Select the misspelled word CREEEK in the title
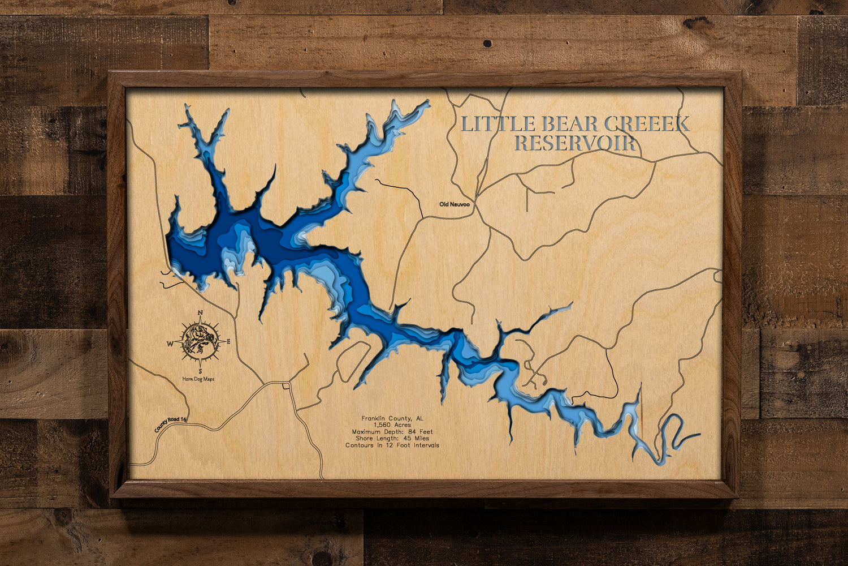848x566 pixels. pos(647,124)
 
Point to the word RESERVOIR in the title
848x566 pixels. pos(575,143)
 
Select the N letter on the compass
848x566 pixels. pos(200,313)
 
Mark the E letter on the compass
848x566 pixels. pos(228,341)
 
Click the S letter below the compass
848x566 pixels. pos(200,371)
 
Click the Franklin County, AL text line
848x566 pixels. pos(392,418)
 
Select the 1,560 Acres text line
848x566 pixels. pos(392,425)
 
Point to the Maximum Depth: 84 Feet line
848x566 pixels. pos(392,432)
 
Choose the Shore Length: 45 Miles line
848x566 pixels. pos(392,439)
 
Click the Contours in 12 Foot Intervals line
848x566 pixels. pos(392,445)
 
